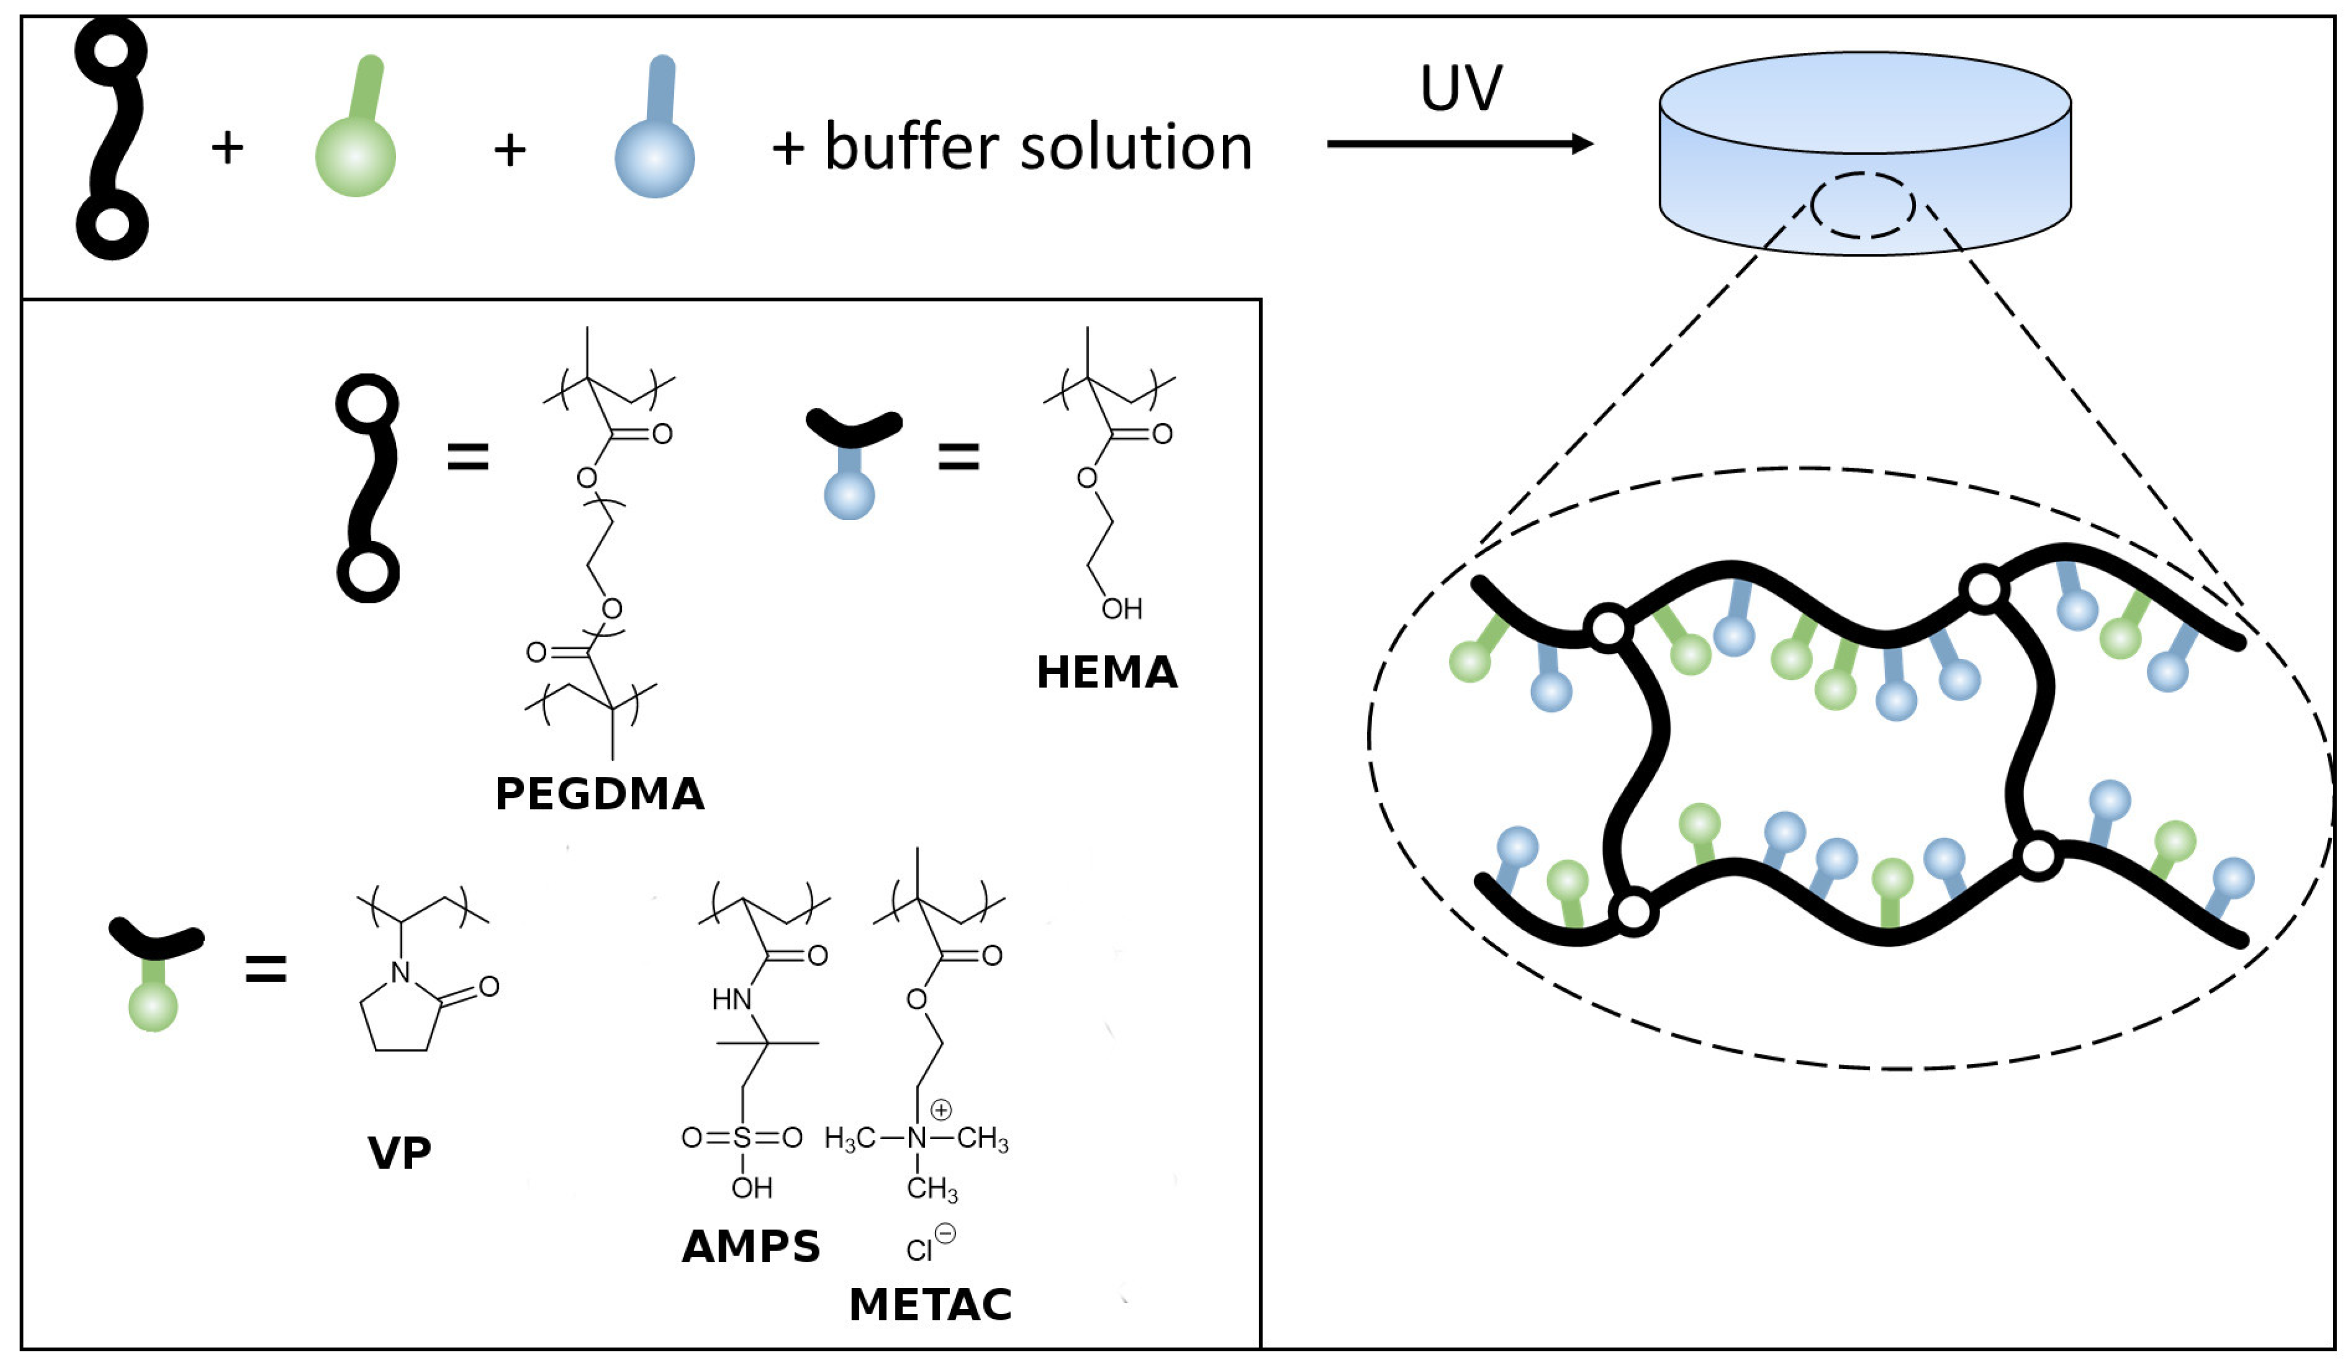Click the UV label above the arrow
click(x=1460, y=88)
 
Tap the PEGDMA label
click(x=599, y=794)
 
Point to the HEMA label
click(x=1107, y=672)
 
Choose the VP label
click(x=399, y=1153)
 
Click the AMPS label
click(x=750, y=1247)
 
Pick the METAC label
click(x=930, y=1305)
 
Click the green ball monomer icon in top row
click(x=355, y=131)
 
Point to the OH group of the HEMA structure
click(x=1121, y=609)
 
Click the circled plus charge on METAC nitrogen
click(x=941, y=1109)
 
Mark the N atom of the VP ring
click(x=400, y=973)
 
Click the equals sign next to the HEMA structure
click(x=958, y=457)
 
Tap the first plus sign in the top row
click(x=227, y=147)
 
